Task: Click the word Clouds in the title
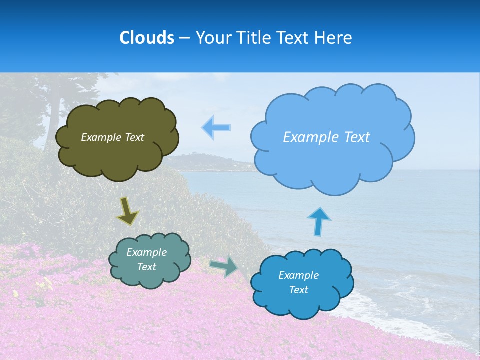(x=146, y=38)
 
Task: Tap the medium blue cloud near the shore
(x=302, y=302)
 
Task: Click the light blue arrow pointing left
(x=216, y=127)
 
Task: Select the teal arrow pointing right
(x=224, y=267)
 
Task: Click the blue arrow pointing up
(x=318, y=221)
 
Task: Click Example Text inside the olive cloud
(x=112, y=137)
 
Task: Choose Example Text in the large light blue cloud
(x=326, y=137)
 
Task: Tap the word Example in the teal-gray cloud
(x=147, y=252)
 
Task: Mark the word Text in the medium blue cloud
(x=299, y=290)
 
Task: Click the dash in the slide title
(x=184, y=38)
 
